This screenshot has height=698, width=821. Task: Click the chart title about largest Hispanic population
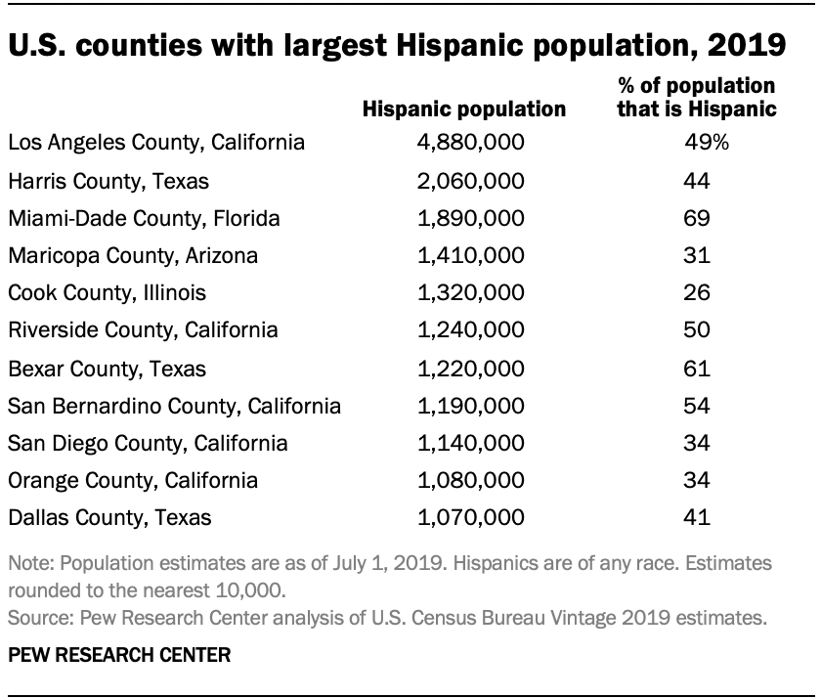tap(395, 46)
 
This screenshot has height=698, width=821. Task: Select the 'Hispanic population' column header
tap(464, 109)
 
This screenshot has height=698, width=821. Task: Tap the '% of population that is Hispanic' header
tap(696, 98)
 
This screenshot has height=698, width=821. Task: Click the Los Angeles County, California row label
tap(156, 143)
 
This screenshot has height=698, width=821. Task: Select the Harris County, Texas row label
tap(108, 181)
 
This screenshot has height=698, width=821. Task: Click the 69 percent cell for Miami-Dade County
tap(696, 218)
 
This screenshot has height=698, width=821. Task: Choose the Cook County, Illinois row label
tap(107, 293)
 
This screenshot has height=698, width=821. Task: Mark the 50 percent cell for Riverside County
tap(696, 330)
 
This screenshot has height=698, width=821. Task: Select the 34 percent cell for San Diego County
tap(696, 443)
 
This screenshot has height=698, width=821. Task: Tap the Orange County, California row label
tap(133, 480)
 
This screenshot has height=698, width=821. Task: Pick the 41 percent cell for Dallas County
tap(696, 518)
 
